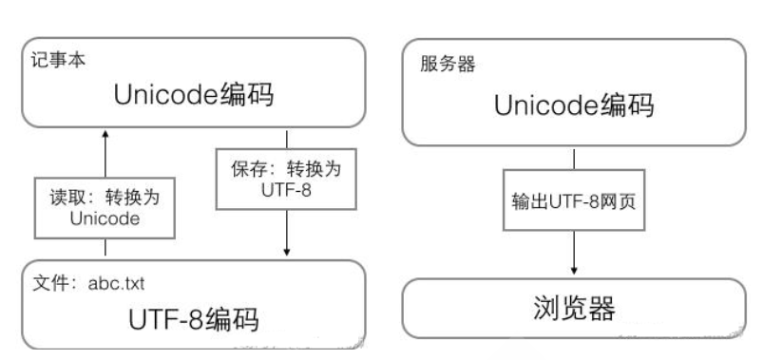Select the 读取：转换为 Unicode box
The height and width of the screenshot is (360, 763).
[105, 204]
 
